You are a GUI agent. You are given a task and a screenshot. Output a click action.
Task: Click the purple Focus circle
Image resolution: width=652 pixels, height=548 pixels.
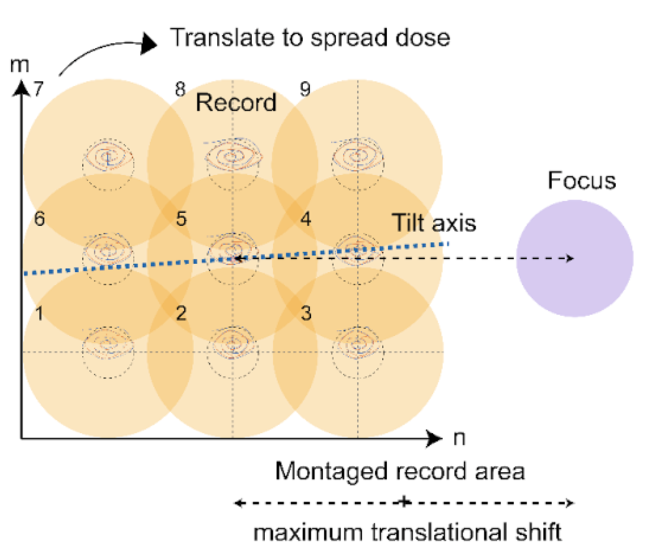tap(574, 258)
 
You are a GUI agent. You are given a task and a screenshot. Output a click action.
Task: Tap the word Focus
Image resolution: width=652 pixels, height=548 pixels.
tap(581, 181)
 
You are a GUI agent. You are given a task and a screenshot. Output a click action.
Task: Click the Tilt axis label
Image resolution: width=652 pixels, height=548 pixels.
tap(434, 223)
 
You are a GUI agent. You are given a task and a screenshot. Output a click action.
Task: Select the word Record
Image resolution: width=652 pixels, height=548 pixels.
tap(236, 103)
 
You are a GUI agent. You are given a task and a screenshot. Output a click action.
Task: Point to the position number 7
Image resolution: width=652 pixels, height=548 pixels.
tap(39, 89)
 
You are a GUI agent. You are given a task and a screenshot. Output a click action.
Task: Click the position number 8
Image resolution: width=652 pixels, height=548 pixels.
tap(180, 89)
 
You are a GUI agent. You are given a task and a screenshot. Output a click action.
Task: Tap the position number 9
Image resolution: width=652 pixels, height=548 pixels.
tap(305, 89)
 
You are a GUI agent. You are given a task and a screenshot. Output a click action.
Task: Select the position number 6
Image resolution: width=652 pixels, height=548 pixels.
tap(39, 219)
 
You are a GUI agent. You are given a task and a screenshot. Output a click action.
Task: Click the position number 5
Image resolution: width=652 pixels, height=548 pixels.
tap(181, 219)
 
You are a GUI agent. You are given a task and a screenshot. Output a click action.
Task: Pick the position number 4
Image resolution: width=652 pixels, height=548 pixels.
tap(306, 219)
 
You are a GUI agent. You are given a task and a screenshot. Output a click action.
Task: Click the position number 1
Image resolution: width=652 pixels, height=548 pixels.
tap(39, 314)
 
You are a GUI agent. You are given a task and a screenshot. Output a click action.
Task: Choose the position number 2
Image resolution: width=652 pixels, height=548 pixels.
tap(181, 313)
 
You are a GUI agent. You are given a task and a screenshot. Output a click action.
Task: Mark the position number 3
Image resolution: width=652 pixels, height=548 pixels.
tap(306, 313)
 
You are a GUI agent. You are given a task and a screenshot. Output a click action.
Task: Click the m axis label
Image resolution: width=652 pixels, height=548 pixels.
tap(20, 65)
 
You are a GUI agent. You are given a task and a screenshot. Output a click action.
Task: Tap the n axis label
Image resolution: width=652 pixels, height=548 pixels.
tap(459, 438)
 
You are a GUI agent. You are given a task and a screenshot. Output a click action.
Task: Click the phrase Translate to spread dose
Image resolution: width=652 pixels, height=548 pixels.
tap(310, 38)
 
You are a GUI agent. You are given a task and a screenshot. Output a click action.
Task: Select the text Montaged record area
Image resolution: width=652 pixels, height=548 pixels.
tap(400, 471)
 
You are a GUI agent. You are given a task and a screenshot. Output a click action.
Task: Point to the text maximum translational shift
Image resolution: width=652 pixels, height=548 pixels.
tap(407, 533)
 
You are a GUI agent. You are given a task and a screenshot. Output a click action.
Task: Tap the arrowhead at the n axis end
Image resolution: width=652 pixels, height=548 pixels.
tap(435, 438)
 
